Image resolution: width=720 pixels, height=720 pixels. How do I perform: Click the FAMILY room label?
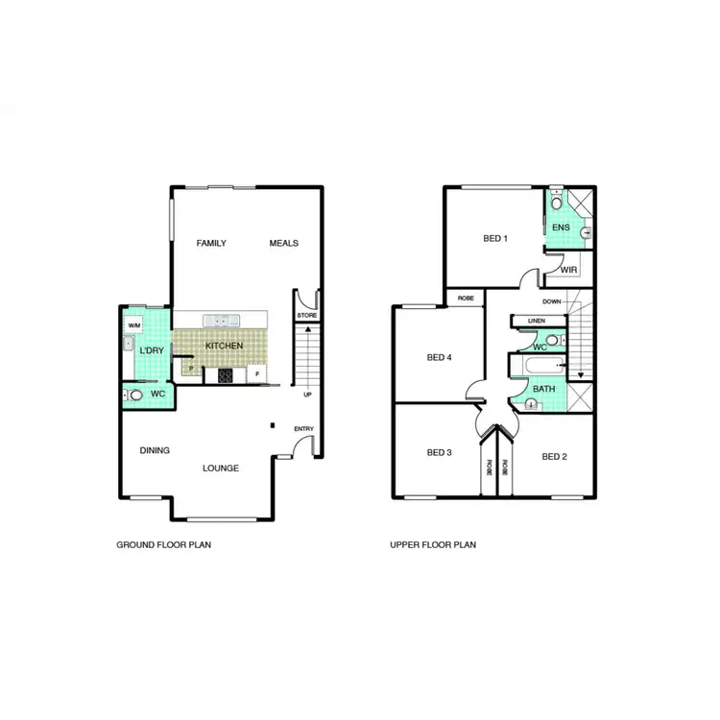pos(211,243)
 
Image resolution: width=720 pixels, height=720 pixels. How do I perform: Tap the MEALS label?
pos(284,243)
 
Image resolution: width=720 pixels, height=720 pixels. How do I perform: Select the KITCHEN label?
pos(224,346)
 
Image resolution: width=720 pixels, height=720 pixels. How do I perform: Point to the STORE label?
pos(306,315)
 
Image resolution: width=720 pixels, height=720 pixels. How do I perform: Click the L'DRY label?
pos(152,350)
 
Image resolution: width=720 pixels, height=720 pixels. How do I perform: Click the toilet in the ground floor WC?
pos(135,395)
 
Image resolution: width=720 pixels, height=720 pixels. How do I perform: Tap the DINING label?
pos(155,450)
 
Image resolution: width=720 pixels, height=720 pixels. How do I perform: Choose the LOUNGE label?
pos(221,468)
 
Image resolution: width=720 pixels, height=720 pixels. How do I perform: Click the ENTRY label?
pos(304,429)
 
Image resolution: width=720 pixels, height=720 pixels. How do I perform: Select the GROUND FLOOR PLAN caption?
pos(163,544)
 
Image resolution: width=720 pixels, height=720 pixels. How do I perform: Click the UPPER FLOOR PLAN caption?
pos(433,544)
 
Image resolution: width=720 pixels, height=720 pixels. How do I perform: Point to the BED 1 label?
pos(494,238)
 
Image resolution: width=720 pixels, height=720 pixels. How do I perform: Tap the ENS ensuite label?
pos(562,228)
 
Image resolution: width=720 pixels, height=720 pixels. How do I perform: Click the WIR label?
pos(568,270)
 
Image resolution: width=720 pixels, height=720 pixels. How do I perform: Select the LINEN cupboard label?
pos(537,321)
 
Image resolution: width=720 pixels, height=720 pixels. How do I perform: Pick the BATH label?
pos(543,389)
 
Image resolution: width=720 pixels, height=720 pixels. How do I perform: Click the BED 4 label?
pos(439,358)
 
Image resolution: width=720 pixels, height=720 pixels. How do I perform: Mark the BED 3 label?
pos(439,452)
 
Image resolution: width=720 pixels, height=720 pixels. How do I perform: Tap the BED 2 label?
pos(554,456)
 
